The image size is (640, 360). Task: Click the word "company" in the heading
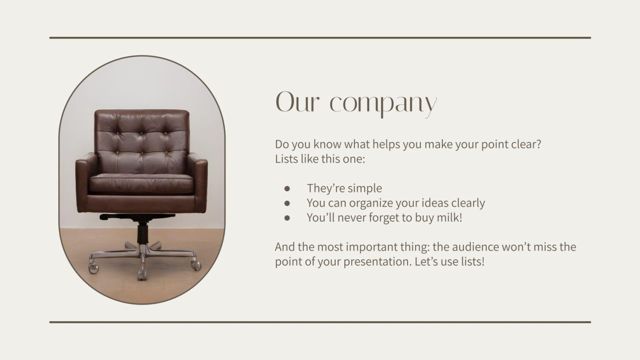(x=383, y=103)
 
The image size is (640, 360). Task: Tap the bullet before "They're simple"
(x=287, y=188)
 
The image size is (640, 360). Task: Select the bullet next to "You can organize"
(x=287, y=203)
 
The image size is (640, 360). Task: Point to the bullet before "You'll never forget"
(x=287, y=218)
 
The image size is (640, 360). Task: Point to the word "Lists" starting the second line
(x=287, y=159)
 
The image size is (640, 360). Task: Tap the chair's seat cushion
(x=141, y=183)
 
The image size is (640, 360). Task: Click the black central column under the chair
(x=143, y=233)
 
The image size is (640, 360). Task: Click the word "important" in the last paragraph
(x=369, y=247)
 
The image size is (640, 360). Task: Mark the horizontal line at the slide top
(x=320, y=37)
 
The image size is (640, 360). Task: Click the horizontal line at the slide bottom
(x=320, y=322)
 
